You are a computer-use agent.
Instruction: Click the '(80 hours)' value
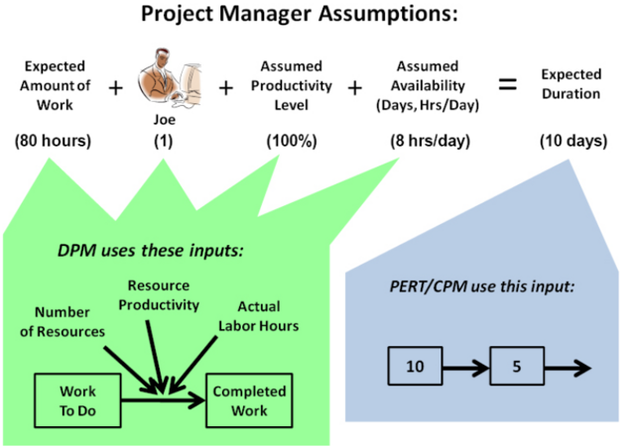click(x=53, y=141)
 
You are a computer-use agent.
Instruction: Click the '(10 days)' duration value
click(x=572, y=141)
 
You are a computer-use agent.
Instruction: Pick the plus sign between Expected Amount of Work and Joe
click(x=115, y=87)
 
